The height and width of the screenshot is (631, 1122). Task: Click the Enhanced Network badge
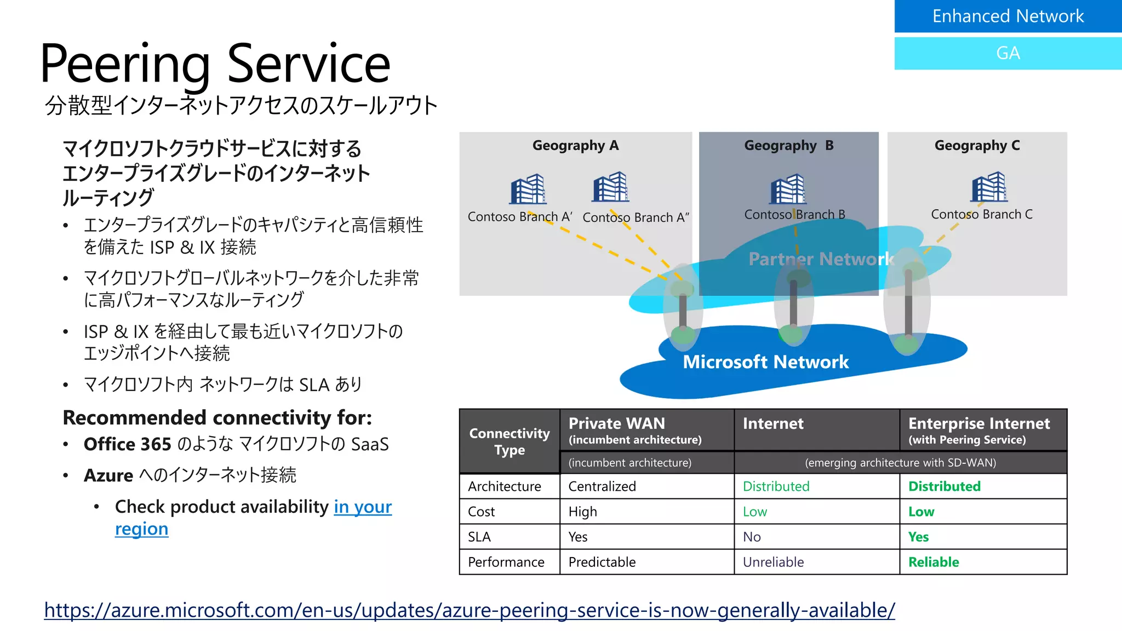[x=1007, y=16]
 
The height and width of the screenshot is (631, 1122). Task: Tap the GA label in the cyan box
[x=1007, y=53]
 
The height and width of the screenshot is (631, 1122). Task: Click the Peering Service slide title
[x=215, y=64]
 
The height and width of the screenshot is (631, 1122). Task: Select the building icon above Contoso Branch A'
[x=528, y=189]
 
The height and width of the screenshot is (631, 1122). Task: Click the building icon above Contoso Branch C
[x=989, y=187]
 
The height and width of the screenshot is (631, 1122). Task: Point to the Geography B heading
[x=788, y=146]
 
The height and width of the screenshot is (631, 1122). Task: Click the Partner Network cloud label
[x=820, y=259]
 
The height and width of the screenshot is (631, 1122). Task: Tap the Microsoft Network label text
[x=765, y=362]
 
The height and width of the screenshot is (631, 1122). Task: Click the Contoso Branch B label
[x=794, y=215]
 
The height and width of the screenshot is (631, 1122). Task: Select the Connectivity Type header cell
[x=510, y=441]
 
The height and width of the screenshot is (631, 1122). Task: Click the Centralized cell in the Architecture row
[x=602, y=486]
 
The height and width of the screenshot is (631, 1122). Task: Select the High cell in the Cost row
[x=582, y=512]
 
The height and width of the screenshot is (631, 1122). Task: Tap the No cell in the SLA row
[x=752, y=537]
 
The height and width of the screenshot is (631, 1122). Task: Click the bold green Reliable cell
[x=934, y=562]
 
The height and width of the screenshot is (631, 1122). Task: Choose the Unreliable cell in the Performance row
[x=773, y=562]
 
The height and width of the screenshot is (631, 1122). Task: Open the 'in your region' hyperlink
[x=363, y=507]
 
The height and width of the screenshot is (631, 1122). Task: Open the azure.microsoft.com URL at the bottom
[x=470, y=610]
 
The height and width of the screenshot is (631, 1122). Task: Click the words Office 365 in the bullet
[x=127, y=444]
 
